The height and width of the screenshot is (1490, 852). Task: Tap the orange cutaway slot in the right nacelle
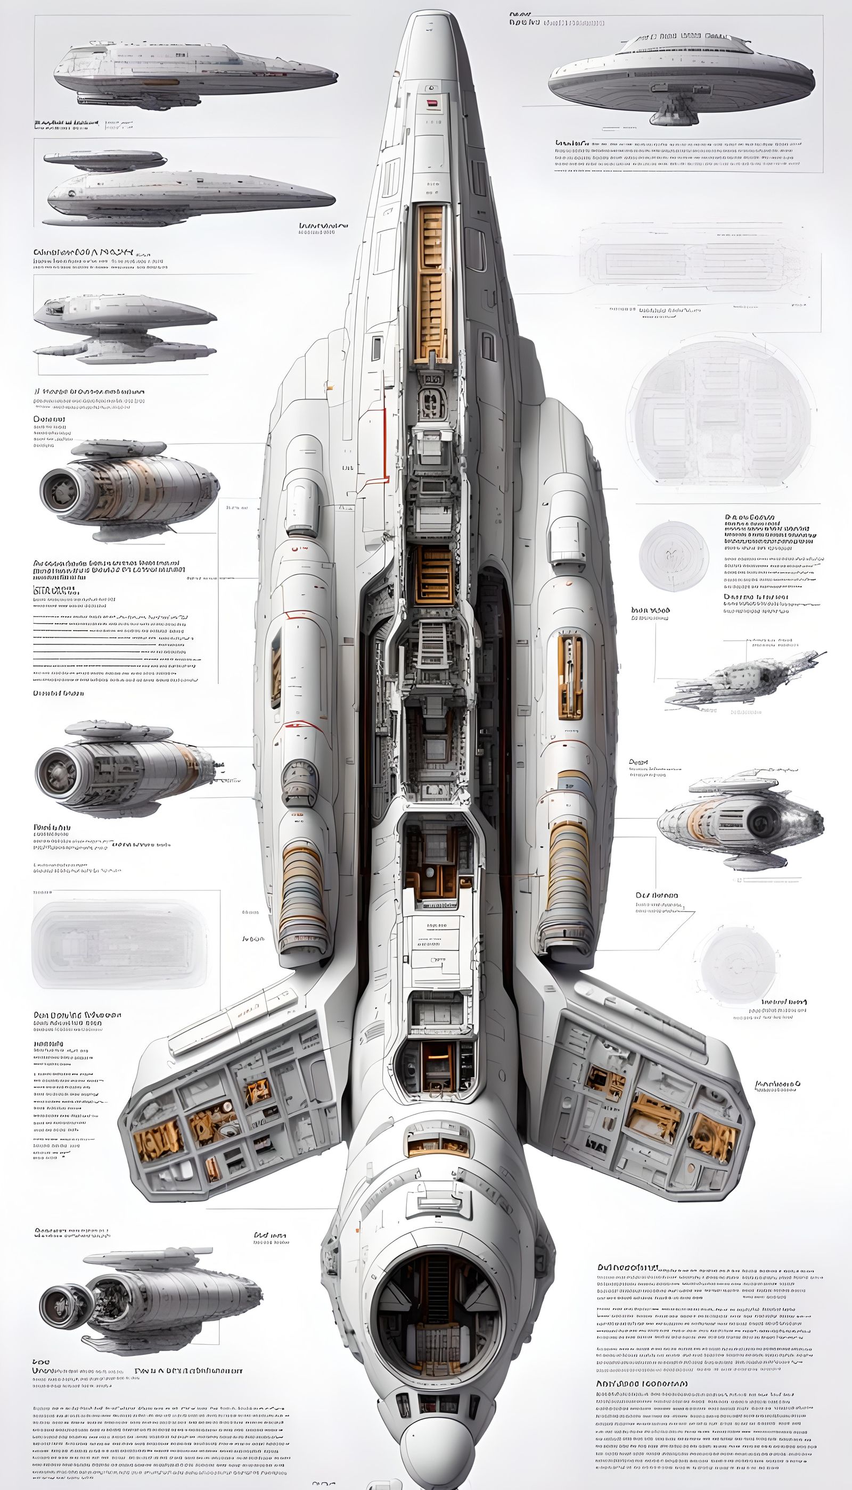point(570,676)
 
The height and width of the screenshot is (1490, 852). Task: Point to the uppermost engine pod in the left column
point(129,489)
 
